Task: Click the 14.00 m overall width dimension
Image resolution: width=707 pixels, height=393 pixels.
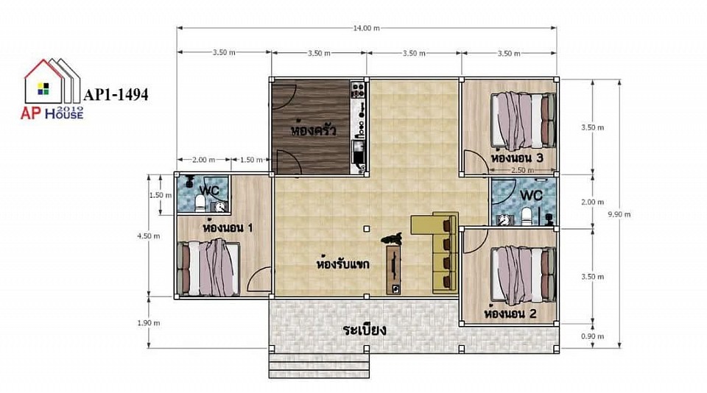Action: (366, 28)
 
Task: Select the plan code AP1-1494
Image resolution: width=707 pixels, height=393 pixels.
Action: (116, 95)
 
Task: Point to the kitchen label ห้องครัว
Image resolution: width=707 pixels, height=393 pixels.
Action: (314, 130)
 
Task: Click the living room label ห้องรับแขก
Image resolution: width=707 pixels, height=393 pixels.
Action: (343, 262)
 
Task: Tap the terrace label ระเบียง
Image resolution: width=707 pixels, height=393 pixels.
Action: (365, 330)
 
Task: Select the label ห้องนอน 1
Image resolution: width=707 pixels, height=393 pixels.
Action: (228, 227)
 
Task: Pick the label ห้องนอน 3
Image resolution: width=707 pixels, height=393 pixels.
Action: (517, 157)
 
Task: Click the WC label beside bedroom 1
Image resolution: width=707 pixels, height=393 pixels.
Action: (208, 190)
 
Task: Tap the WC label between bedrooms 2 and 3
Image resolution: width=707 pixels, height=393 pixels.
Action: (531, 196)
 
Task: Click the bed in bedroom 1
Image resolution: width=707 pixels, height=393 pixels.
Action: (208, 268)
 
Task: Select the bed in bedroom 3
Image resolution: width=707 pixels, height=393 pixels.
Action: (523, 121)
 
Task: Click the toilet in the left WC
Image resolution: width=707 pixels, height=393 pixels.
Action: (200, 203)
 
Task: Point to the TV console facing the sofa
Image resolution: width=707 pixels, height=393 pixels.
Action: (393, 270)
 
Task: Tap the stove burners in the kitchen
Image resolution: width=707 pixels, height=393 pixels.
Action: (358, 90)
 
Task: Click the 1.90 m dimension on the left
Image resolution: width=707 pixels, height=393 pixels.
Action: (149, 322)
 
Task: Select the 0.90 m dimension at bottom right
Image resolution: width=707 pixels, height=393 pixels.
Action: (592, 336)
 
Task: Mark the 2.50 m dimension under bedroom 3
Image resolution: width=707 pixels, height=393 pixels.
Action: (523, 170)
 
